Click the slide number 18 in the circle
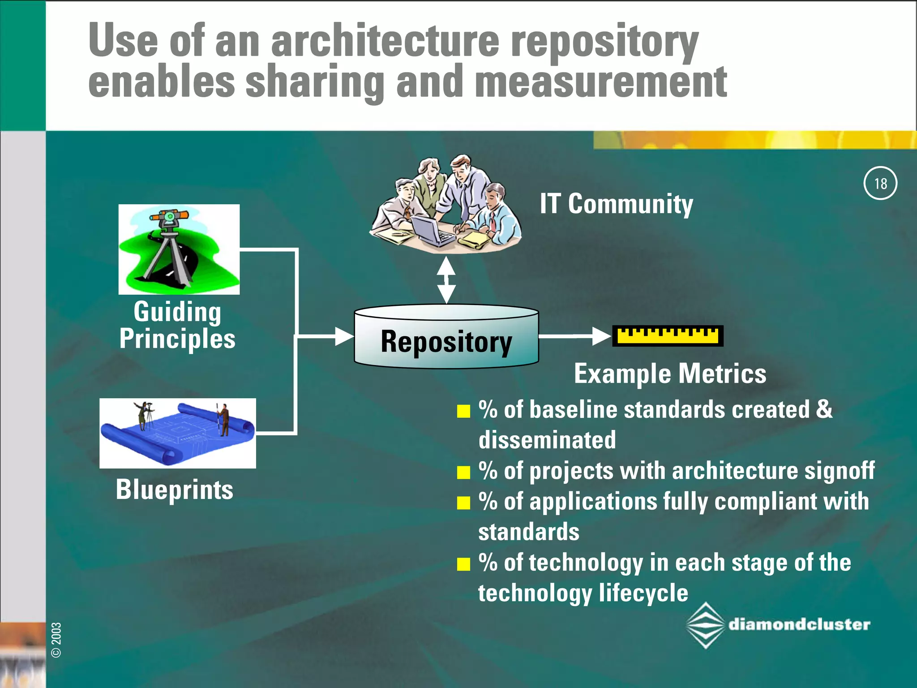click(880, 183)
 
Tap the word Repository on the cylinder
click(446, 342)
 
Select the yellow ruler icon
click(668, 336)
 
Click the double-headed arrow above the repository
click(446, 280)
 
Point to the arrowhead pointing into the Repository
click(344, 336)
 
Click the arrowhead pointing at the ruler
click(601, 336)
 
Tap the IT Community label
click(616, 204)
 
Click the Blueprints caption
click(175, 490)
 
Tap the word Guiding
click(177, 312)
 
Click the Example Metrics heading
click(670, 374)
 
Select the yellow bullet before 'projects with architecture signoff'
click(463, 472)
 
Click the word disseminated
click(547, 440)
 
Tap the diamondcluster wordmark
click(799, 624)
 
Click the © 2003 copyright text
click(56, 640)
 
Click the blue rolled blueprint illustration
click(177, 434)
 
